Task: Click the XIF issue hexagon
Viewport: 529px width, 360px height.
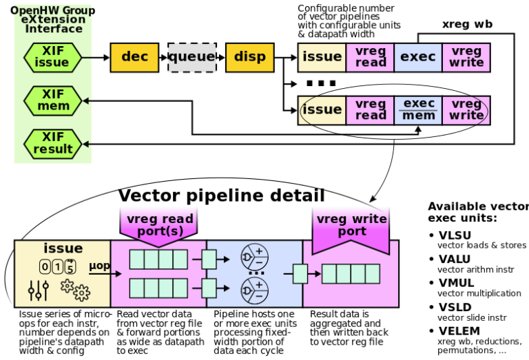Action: (x=52, y=57)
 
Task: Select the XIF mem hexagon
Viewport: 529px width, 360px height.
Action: (x=52, y=100)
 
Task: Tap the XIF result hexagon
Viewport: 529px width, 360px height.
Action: (x=52, y=143)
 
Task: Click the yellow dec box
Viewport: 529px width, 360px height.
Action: (x=134, y=57)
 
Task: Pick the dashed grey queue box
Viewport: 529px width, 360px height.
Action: (x=192, y=57)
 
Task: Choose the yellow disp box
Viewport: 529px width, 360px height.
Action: (x=249, y=57)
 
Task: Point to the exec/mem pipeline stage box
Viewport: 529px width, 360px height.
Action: (x=418, y=110)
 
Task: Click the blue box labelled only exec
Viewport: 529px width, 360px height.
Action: (x=418, y=57)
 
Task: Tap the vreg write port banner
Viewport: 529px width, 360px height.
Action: (x=351, y=226)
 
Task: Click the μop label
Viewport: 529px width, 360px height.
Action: (x=99, y=266)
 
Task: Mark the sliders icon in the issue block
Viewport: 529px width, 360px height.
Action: (x=38, y=290)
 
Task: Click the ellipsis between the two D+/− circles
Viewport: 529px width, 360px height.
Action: (x=256, y=274)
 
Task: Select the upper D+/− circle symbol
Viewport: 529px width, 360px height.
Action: (x=254, y=257)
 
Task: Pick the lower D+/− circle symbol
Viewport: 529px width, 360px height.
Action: (x=254, y=290)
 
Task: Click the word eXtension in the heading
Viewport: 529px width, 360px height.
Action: (x=53, y=19)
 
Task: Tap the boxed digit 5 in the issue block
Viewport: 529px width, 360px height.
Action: (x=70, y=267)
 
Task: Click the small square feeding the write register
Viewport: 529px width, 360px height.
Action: (x=300, y=274)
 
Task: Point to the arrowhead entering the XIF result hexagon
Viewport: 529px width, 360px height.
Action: (x=86, y=144)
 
